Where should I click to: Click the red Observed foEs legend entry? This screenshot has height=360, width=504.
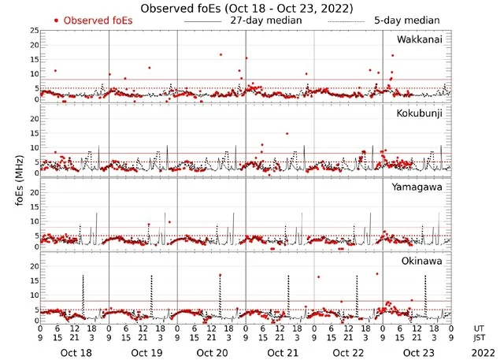(x=98, y=20)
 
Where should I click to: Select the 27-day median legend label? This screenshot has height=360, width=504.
(x=266, y=20)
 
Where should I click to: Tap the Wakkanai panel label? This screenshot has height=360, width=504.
(x=420, y=40)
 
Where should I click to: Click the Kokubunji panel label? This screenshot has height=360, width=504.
(x=420, y=114)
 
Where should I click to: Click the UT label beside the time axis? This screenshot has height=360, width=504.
(x=480, y=328)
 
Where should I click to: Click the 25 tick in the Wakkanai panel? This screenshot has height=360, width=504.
(x=34, y=31)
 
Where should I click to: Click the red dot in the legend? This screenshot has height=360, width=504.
(x=56, y=20)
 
